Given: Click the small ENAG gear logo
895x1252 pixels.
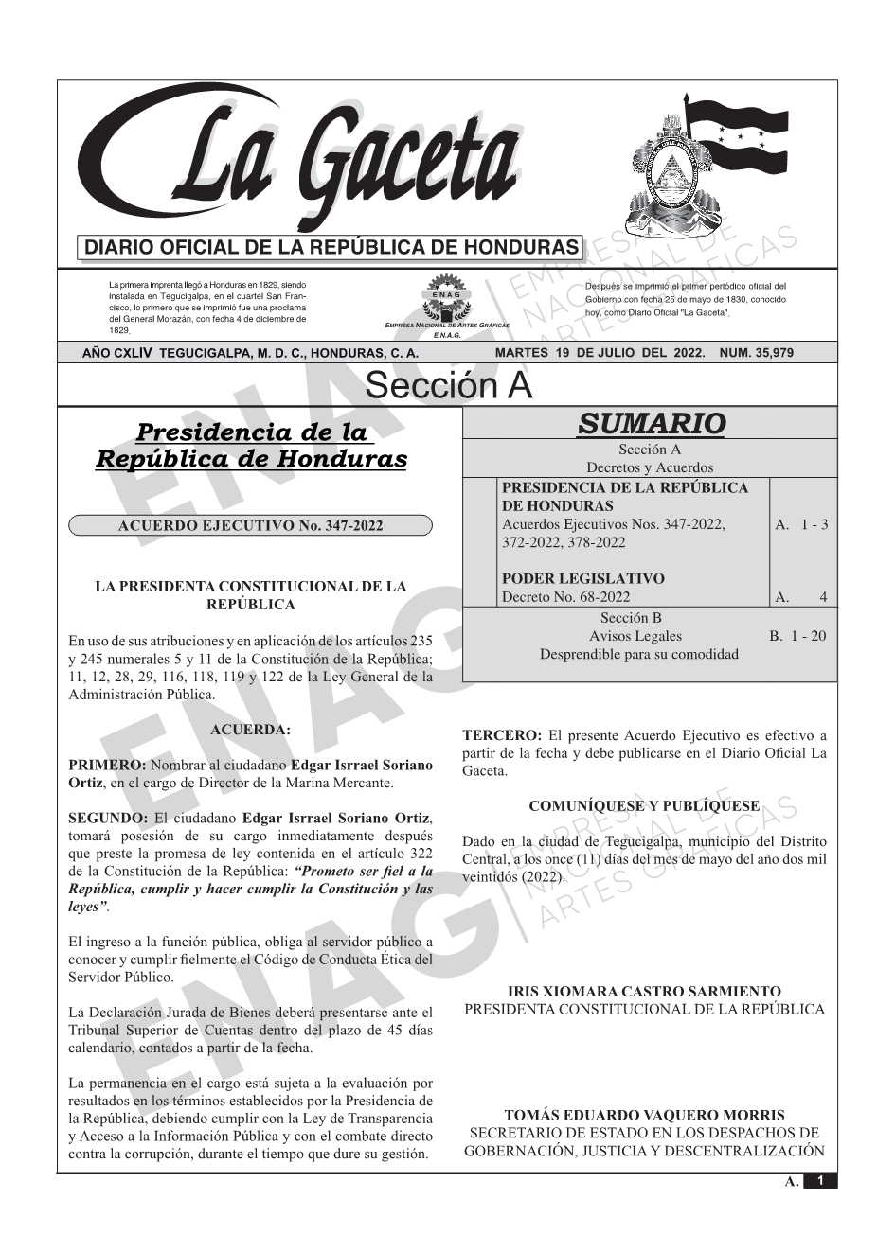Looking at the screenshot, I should point(446,296).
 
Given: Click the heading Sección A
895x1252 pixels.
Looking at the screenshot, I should point(448,386).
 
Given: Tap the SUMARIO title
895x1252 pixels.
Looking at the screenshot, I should point(651,423).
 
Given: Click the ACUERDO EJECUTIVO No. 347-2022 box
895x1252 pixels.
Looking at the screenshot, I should point(250,526).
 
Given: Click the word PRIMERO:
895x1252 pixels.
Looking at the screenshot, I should point(107,765).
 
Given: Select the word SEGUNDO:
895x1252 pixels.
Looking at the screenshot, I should point(108,818).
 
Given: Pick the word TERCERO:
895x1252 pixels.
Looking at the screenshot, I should point(502,735).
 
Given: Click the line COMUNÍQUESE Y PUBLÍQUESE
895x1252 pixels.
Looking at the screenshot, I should point(644,806).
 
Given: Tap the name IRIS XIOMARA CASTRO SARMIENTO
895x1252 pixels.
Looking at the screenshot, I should point(644,992).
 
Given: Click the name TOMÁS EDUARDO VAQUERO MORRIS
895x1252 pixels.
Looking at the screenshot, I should point(644,1116).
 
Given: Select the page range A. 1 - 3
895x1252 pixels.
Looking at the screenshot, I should point(801,524).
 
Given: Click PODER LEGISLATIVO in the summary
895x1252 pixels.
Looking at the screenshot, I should point(582,578).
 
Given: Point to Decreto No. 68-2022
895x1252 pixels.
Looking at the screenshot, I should point(565,596).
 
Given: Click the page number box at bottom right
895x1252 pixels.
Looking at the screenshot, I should point(820,1181).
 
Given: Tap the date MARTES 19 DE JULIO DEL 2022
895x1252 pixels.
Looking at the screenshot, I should point(600,353).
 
